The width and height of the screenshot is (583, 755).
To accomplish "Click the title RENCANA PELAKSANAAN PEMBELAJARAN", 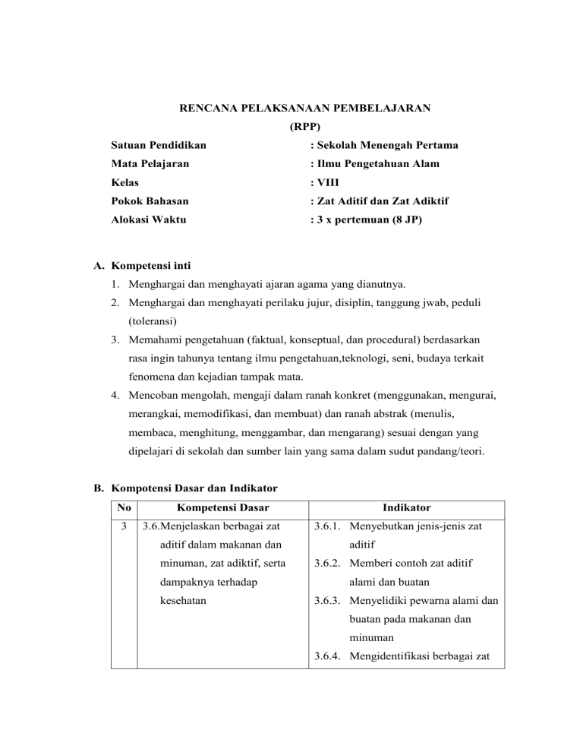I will pos(304,109).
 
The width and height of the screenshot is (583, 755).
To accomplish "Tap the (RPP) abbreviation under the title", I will pos(305,126).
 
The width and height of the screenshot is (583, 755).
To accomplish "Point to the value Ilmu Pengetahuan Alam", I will pos(375,163).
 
